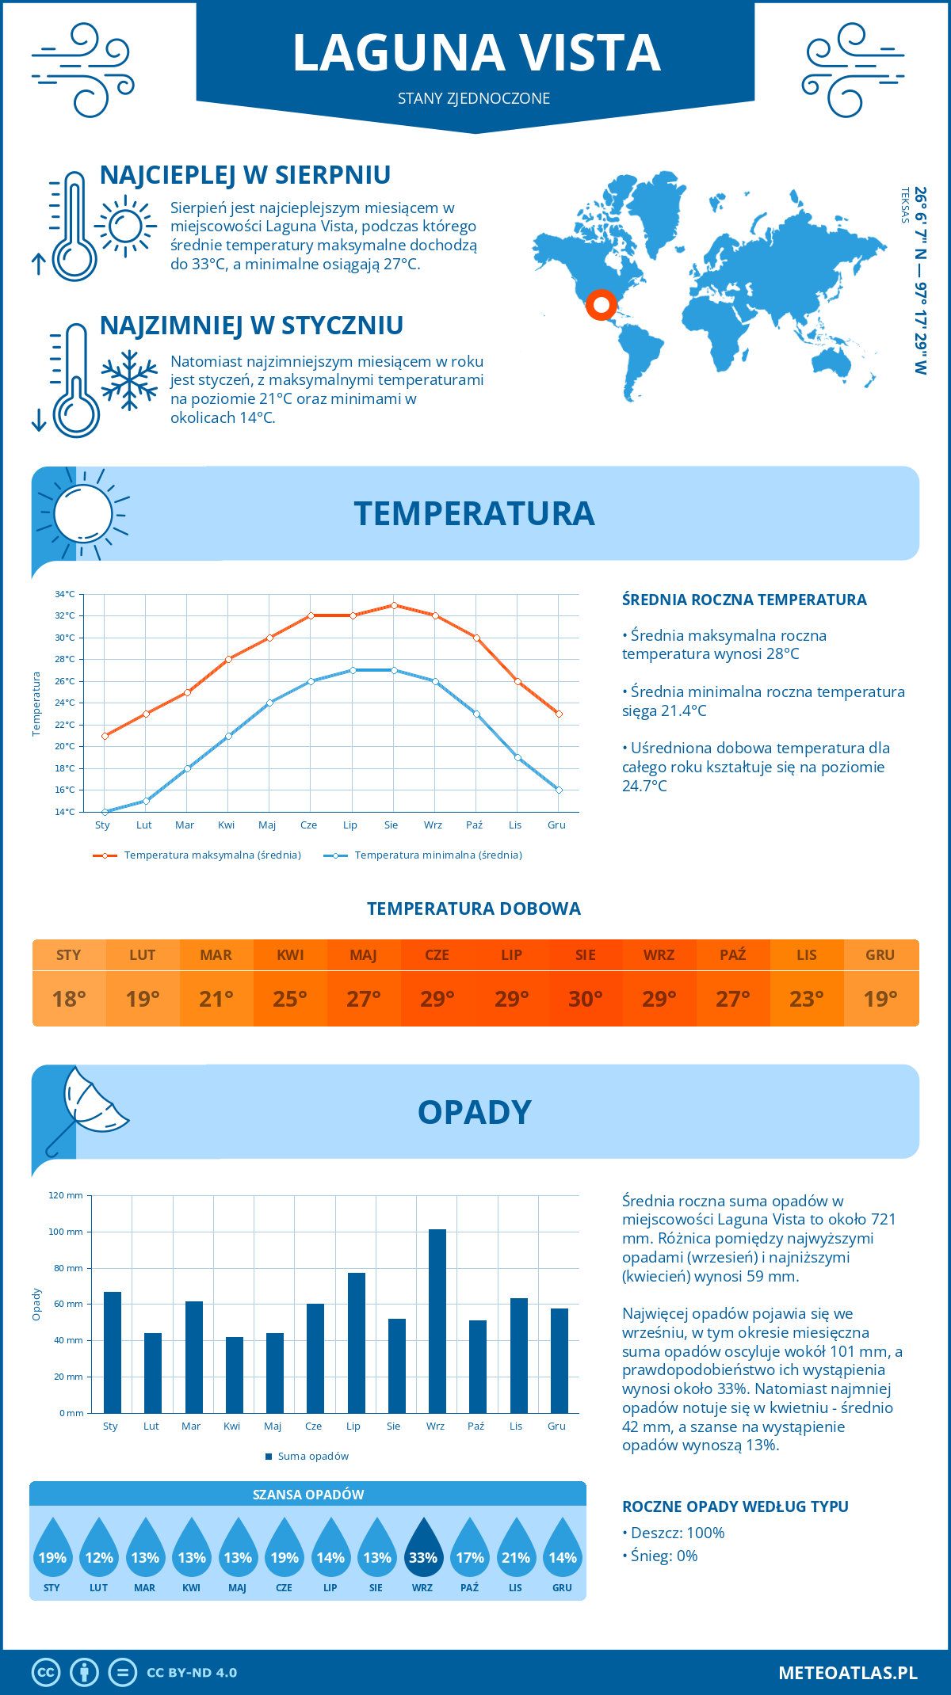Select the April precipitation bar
click(x=235, y=1374)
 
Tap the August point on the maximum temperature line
click(x=394, y=605)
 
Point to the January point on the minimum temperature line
click(x=105, y=812)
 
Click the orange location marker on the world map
click(x=602, y=304)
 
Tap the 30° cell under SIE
click(x=586, y=999)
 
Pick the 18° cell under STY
click(x=69, y=999)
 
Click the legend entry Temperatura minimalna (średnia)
click(x=437, y=855)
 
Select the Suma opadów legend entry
click(x=312, y=1456)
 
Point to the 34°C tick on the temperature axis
click(x=65, y=594)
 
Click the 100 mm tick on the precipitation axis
click(x=66, y=1232)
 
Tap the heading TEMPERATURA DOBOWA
click(x=474, y=908)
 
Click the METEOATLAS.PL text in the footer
click(x=848, y=1673)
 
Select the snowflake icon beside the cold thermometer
click(x=129, y=380)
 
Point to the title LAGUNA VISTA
click(x=476, y=53)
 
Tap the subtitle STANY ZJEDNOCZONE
click(x=474, y=98)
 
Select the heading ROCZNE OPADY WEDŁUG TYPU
click(x=735, y=1506)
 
